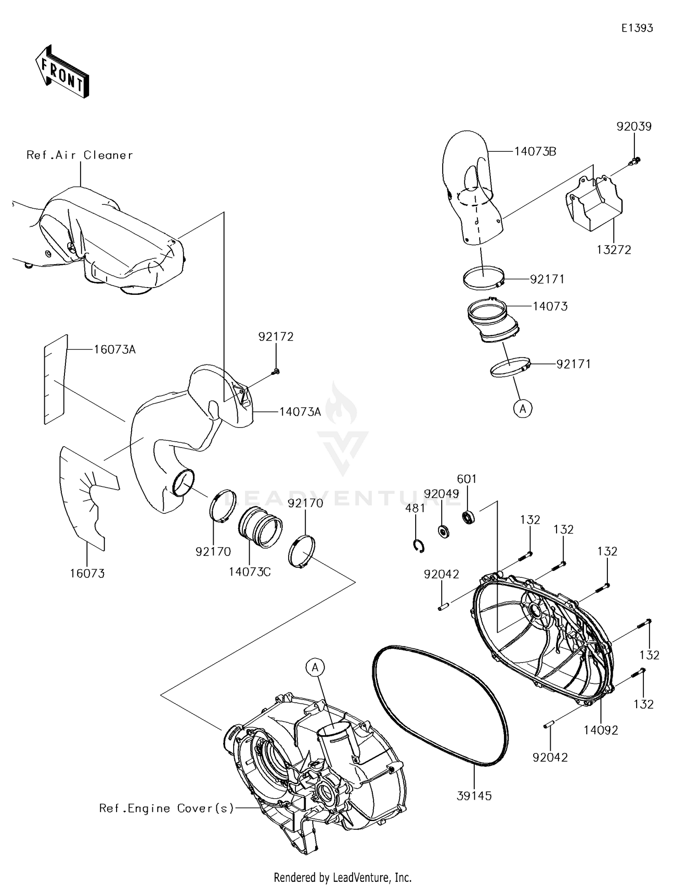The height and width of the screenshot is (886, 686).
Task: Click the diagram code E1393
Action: pos(637,28)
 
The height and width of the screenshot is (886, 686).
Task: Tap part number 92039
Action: pos(634,127)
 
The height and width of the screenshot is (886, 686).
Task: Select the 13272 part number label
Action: pos(614,250)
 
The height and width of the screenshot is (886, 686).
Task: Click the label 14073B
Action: pos(535,151)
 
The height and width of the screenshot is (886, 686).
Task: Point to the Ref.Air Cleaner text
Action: pos(80,155)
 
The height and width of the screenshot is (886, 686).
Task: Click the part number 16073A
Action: pos(115,350)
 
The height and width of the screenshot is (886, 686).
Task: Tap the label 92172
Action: pos(276,337)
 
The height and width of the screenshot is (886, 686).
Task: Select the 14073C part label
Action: pos(250,571)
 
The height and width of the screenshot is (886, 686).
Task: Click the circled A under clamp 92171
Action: pos(523,408)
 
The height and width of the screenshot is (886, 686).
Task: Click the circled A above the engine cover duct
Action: pos(315,668)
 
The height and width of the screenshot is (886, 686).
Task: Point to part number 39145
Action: pos(474,796)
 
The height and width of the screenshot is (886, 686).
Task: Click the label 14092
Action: pos(600,731)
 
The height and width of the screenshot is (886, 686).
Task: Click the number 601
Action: pos(467,479)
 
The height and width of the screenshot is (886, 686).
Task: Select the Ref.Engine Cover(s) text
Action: pos(166,809)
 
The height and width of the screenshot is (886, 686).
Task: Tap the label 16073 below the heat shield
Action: pos(87,573)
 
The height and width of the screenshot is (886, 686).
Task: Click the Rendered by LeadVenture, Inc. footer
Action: pos(343,877)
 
